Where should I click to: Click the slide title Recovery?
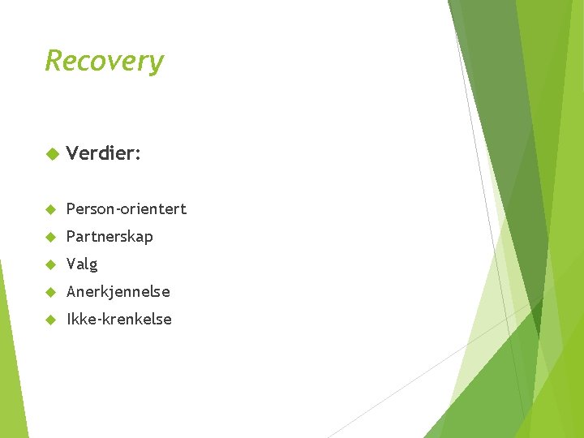pos(104,61)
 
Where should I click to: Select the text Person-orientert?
pos(126,209)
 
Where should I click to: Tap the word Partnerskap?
pos(109,237)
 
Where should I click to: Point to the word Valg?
pos(81,264)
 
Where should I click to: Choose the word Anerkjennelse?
pos(118,291)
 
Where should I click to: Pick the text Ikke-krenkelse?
pos(118,319)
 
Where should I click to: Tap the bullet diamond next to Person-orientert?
pos(50,209)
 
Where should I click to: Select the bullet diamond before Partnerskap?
pos(50,237)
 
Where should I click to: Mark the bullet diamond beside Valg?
pos(50,264)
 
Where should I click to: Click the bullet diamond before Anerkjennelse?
pos(50,292)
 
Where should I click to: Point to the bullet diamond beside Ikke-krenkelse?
pos(50,320)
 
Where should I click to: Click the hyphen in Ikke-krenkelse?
pos(95,320)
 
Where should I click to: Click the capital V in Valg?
pos(71,264)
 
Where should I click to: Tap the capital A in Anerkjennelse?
pos(71,291)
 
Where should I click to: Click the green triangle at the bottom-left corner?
pos(10,389)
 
